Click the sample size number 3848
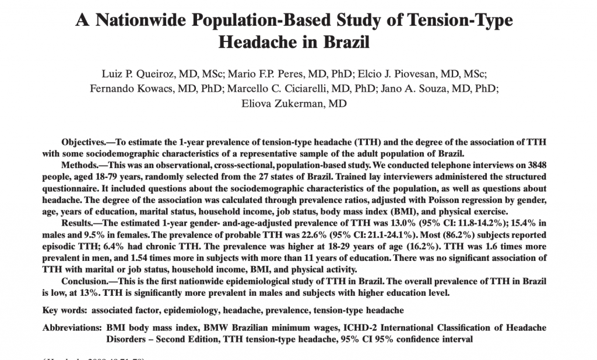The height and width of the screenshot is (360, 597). (536, 165)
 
